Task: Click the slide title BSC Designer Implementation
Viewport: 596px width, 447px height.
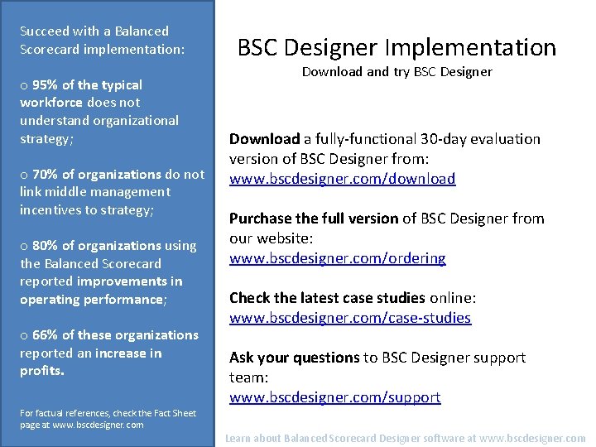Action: (x=397, y=47)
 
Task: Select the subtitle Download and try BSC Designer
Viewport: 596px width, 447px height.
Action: (x=397, y=72)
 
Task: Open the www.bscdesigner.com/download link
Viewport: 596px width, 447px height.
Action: (x=342, y=179)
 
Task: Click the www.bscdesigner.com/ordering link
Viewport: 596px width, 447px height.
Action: (x=337, y=258)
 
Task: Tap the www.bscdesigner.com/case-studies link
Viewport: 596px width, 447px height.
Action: (x=349, y=318)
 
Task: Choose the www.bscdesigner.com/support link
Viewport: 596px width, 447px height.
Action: (x=334, y=397)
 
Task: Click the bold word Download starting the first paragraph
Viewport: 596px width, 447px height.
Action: (x=264, y=139)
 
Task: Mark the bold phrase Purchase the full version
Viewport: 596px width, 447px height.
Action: (x=314, y=219)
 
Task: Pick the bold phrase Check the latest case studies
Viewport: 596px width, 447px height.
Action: (x=326, y=298)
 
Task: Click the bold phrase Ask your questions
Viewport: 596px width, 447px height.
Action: (x=294, y=358)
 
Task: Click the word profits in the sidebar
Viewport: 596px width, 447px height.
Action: (x=41, y=371)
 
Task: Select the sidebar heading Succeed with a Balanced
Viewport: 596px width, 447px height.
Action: (x=94, y=31)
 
